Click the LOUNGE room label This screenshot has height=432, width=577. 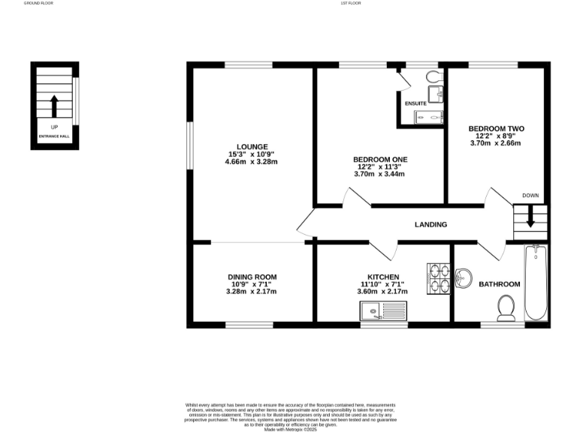click(x=252, y=146)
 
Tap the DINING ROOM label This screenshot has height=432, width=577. click(x=252, y=277)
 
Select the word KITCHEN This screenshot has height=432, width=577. click(x=382, y=277)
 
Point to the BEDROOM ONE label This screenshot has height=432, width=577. click(x=380, y=159)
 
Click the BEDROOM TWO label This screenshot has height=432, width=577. click(x=496, y=128)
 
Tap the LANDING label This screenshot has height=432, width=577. click(x=430, y=224)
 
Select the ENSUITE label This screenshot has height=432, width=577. click(x=415, y=103)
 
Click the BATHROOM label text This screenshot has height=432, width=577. click(x=499, y=284)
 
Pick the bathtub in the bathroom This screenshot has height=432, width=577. click(x=536, y=282)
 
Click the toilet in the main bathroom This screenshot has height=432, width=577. click(x=506, y=307)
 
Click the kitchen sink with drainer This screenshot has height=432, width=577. click(x=382, y=309)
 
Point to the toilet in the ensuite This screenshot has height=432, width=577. click(x=434, y=77)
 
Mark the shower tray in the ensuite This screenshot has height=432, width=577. click(x=429, y=116)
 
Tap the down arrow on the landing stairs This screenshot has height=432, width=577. click(x=530, y=218)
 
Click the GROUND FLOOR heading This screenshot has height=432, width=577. click(x=38, y=3)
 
